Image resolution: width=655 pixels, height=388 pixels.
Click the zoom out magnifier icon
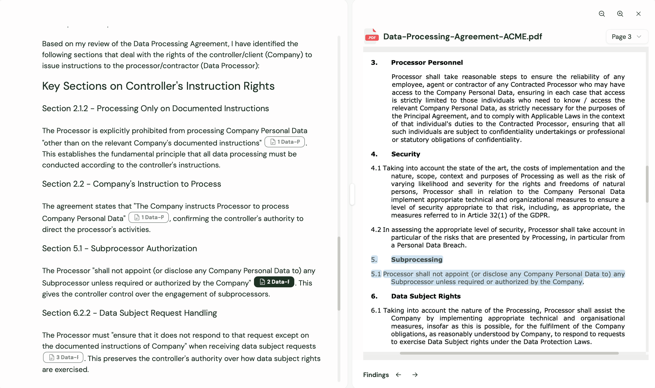point(602,14)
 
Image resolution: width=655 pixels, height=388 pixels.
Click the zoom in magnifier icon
point(620,14)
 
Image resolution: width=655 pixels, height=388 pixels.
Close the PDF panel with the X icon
point(638,14)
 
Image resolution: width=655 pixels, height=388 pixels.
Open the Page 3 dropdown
point(626,37)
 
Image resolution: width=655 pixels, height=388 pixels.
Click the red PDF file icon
point(372,36)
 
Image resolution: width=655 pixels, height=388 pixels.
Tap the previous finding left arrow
point(398,375)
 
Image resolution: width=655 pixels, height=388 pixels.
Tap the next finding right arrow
point(415,375)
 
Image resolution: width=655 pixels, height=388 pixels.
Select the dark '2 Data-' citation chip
point(274,282)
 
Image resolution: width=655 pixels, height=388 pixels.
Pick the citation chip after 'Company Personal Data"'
point(148,218)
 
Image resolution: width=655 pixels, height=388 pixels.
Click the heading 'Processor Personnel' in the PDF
point(427,63)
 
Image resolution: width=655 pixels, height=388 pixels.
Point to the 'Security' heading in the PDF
point(406,154)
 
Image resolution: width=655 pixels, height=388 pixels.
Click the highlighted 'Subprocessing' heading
point(417,260)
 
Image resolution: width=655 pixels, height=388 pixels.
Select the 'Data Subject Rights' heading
point(426,296)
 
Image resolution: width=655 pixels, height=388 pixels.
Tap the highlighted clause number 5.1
point(376,274)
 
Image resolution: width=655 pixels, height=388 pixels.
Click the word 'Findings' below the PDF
point(376,375)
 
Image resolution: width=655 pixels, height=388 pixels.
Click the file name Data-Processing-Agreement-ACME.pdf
point(462,37)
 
